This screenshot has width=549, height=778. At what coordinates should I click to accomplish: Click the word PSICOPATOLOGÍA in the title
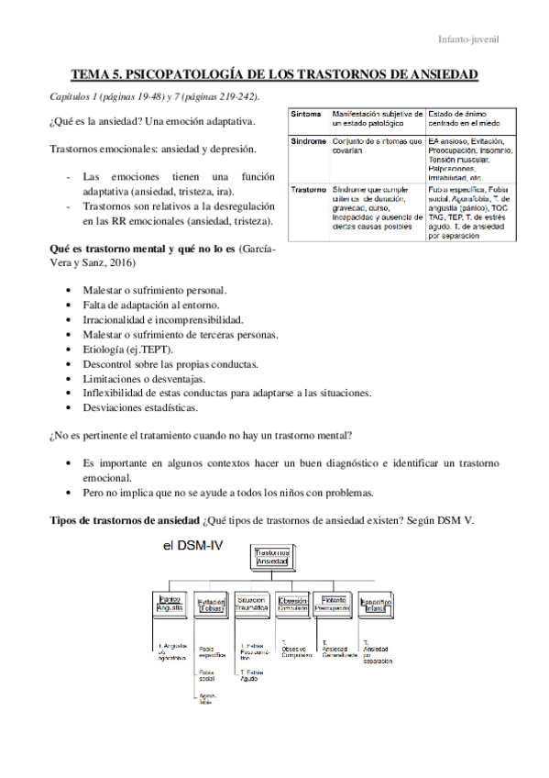(187, 74)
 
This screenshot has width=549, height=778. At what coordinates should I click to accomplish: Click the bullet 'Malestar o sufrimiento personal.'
(154, 290)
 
